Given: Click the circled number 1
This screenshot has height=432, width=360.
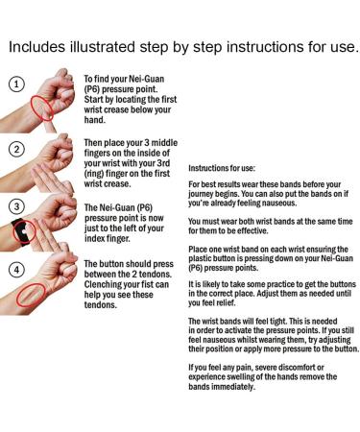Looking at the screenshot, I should pos(15,84).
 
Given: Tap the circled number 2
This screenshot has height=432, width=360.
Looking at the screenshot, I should pos(15,149).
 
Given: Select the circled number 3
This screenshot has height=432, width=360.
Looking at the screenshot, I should pos(15,206).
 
